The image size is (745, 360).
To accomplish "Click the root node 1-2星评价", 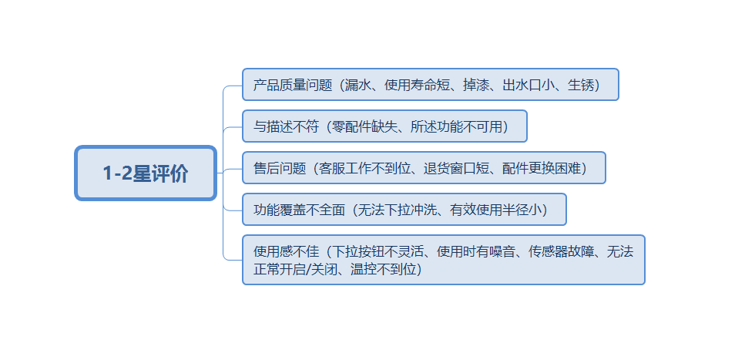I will (145, 173).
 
